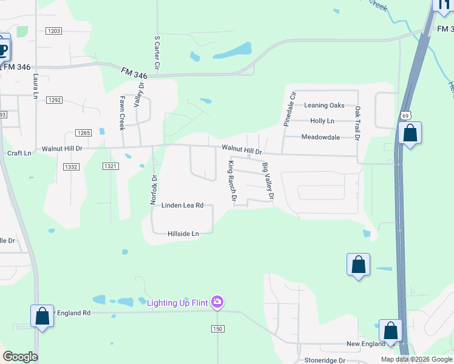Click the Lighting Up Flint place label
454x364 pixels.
point(177,302)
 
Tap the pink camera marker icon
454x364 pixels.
point(217,302)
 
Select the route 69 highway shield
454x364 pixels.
point(405,115)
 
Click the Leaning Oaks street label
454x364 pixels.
point(324,106)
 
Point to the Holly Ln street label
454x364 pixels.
point(322,121)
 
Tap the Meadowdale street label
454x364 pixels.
point(320,137)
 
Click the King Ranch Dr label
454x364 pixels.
point(231,181)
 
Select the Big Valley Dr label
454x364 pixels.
point(268,181)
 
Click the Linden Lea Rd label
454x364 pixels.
point(182,206)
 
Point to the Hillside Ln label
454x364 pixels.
point(183,234)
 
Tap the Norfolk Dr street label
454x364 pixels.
point(154,190)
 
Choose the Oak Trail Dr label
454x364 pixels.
point(358,124)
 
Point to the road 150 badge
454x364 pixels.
point(218,328)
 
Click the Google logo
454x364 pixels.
point(20,357)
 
